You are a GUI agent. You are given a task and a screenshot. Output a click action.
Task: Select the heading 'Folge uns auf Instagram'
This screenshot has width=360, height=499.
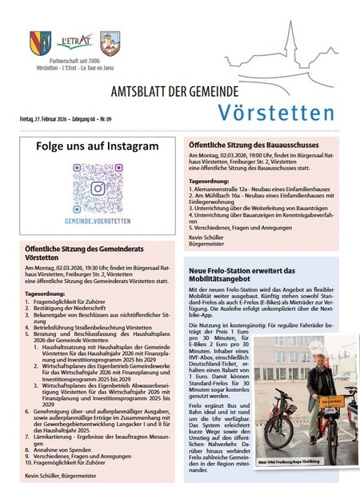pos(98,147)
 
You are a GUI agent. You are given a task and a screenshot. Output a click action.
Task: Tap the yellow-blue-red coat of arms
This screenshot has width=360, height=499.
pos(41,42)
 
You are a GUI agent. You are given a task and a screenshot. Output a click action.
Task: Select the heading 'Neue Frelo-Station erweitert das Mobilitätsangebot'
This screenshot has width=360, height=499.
pos(254,276)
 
